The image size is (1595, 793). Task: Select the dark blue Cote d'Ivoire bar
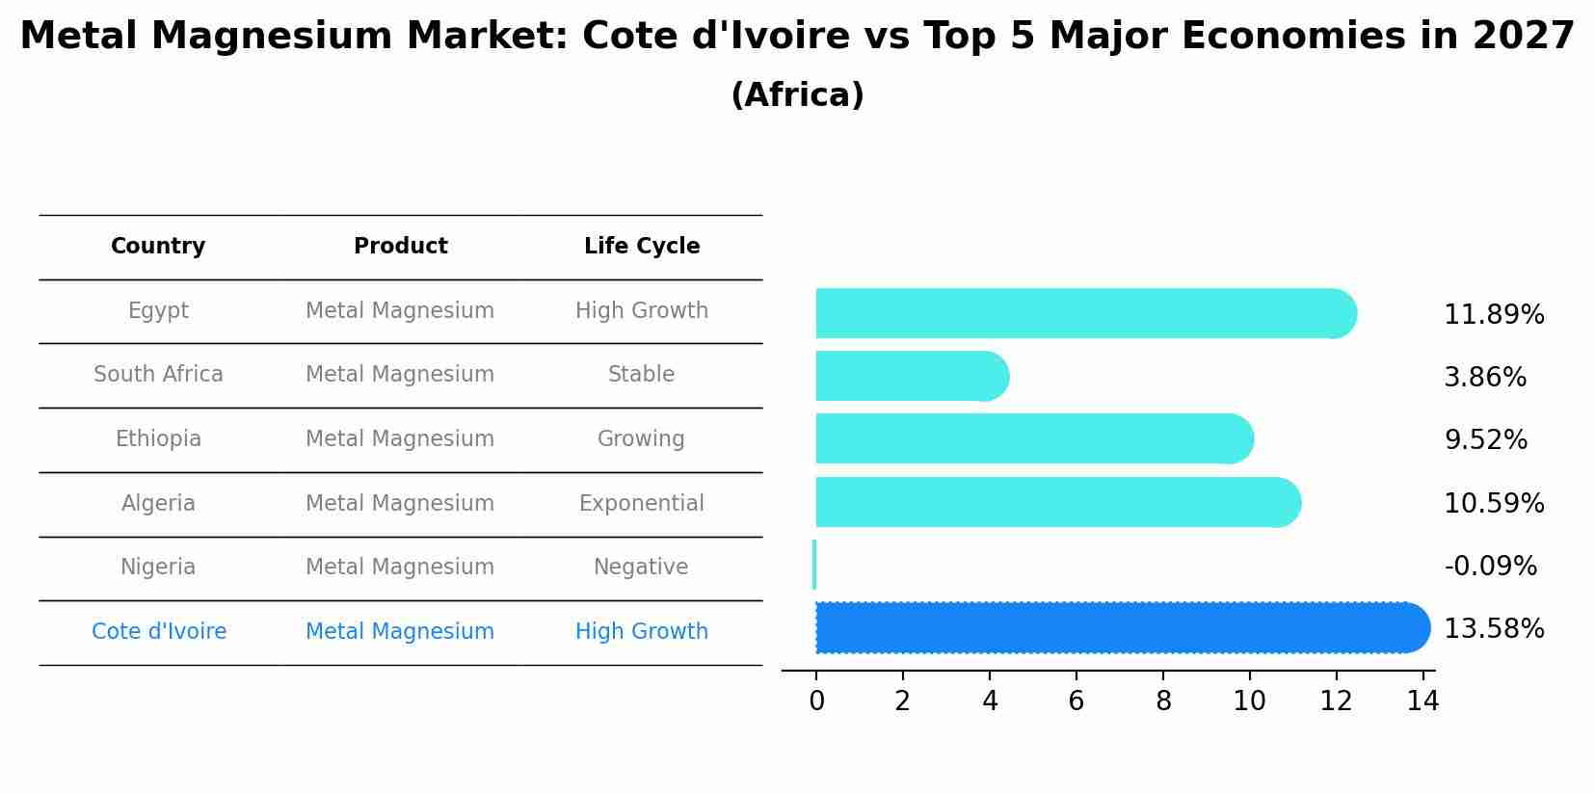tap(1118, 628)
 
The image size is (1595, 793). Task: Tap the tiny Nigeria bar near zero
tap(814, 565)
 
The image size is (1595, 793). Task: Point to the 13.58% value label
tap(1494, 629)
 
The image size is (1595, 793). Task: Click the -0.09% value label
tap(1490, 567)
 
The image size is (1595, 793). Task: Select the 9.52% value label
tap(1485, 440)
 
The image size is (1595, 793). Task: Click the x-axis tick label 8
tap(1163, 701)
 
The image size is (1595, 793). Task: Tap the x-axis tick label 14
tap(1422, 701)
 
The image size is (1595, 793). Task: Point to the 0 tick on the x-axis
tap(816, 701)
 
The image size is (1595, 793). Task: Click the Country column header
tap(158, 247)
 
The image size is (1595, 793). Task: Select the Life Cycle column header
tap(642, 247)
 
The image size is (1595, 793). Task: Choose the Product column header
tap(400, 247)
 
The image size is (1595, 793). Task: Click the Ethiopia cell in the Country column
tap(158, 439)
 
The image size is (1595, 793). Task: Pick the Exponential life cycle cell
tap(641, 504)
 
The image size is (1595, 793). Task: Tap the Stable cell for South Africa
tap(641, 375)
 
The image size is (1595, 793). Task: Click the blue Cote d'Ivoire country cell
tap(159, 632)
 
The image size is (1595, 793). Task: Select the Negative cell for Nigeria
tap(641, 568)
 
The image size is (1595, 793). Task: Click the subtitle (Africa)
tap(797, 95)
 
